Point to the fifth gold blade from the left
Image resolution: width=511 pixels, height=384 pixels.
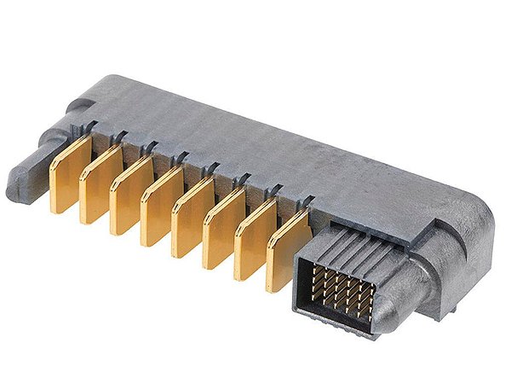192,218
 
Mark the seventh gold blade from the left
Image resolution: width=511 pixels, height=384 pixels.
255,240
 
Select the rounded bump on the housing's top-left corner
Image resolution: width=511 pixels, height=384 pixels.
81,107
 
